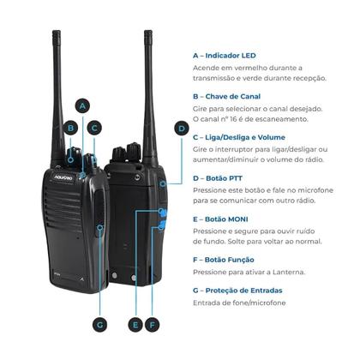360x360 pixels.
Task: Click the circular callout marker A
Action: [x=82, y=105]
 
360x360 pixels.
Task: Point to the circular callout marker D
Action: [x=181, y=129]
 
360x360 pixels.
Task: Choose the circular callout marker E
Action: [x=135, y=325]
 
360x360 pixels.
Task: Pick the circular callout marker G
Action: [x=99, y=325]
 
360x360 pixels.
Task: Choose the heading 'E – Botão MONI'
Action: [x=225, y=219]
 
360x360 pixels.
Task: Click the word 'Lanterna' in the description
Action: [x=300, y=271]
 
